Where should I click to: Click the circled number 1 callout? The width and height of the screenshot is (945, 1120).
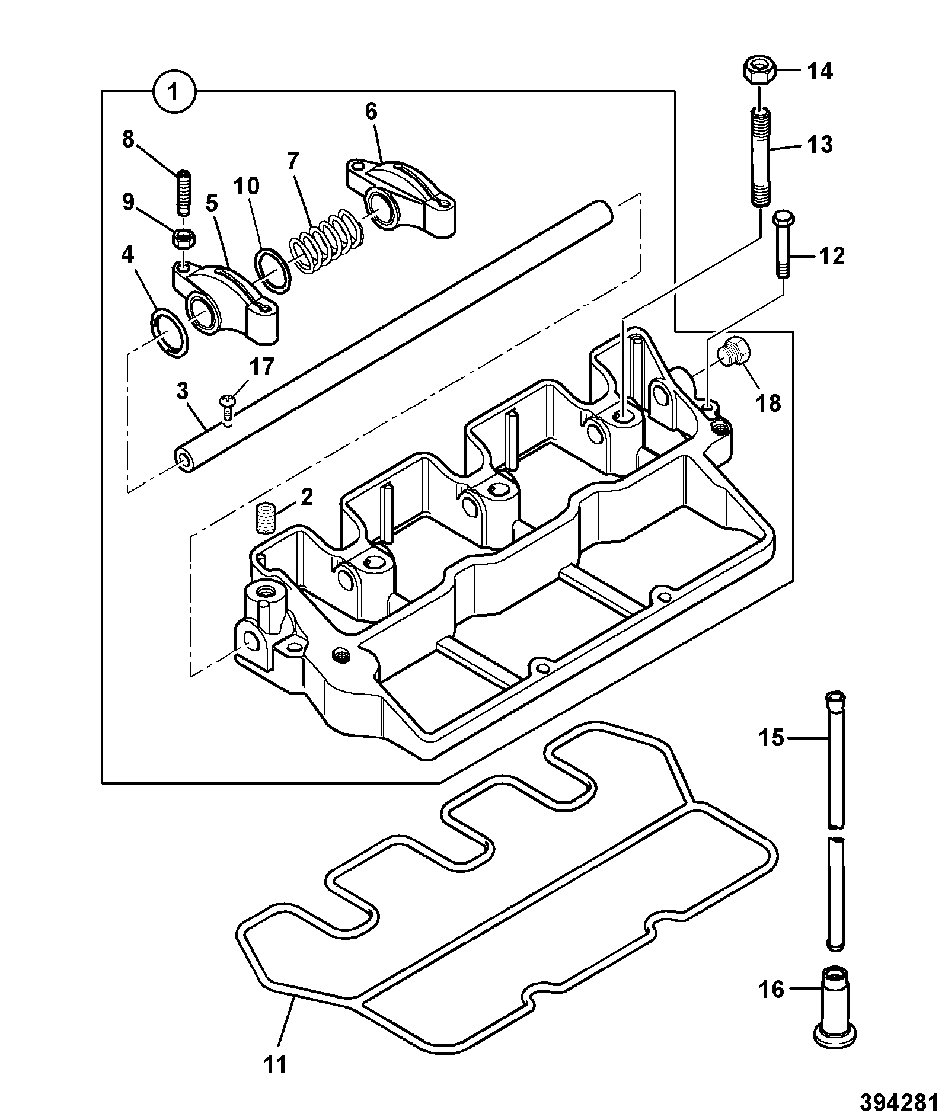click(173, 92)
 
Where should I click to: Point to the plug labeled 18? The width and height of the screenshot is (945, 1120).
click(735, 353)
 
